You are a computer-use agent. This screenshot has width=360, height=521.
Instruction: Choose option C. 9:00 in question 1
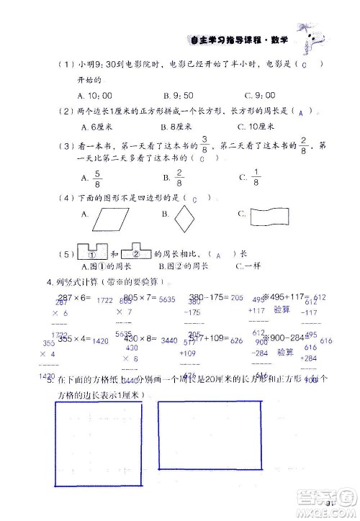(x=256, y=94)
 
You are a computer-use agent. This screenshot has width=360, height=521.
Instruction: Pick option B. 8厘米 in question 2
(x=177, y=126)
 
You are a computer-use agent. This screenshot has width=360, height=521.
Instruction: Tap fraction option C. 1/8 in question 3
(x=251, y=177)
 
